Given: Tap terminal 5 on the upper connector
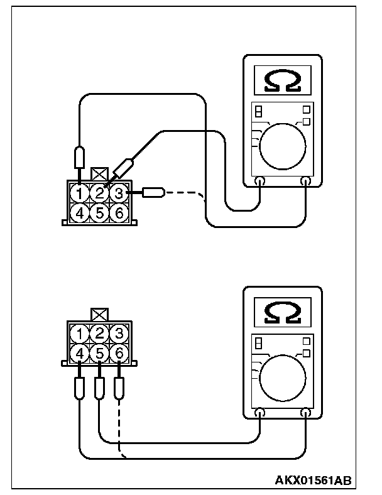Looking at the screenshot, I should (101, 212).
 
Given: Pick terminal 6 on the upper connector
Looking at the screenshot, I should (120, 212).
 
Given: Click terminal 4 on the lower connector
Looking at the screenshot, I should (80, 353).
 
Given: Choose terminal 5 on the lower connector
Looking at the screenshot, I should (100, 353).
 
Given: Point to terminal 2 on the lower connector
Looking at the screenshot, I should (100, 333).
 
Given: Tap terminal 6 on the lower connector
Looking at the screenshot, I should (119, 353).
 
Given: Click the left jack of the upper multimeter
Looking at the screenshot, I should (260, 182).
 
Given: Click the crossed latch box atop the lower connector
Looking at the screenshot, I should (99, 314).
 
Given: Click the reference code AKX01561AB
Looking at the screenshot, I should (312, 481).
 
